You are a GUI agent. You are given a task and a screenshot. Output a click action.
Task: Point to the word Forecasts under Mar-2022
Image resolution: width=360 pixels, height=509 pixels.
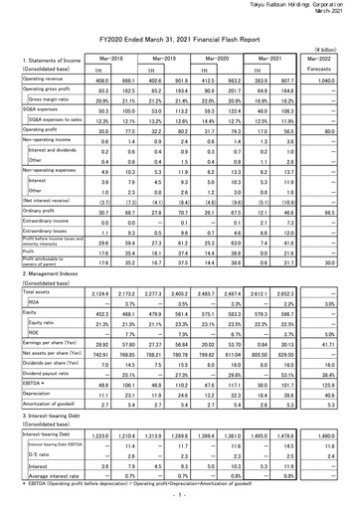pyautogui.click(x=333, y=70)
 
